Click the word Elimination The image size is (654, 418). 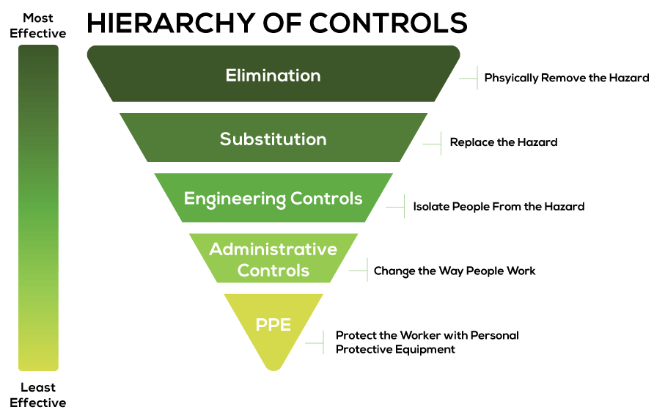coord(273,76)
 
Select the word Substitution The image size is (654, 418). coord(273,139)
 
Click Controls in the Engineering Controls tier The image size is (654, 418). coord(326,199)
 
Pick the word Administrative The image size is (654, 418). coord(273,249)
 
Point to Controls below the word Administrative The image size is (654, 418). coord(273,271)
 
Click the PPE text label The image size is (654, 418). coord(273,325)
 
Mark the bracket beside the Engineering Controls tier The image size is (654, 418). coord(403,207)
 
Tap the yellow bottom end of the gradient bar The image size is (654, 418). coord(38,364)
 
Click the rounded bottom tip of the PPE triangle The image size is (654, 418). coord(273,366)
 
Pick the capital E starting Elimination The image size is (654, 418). coord(230,76)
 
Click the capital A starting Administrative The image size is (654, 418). coord(216,249)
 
